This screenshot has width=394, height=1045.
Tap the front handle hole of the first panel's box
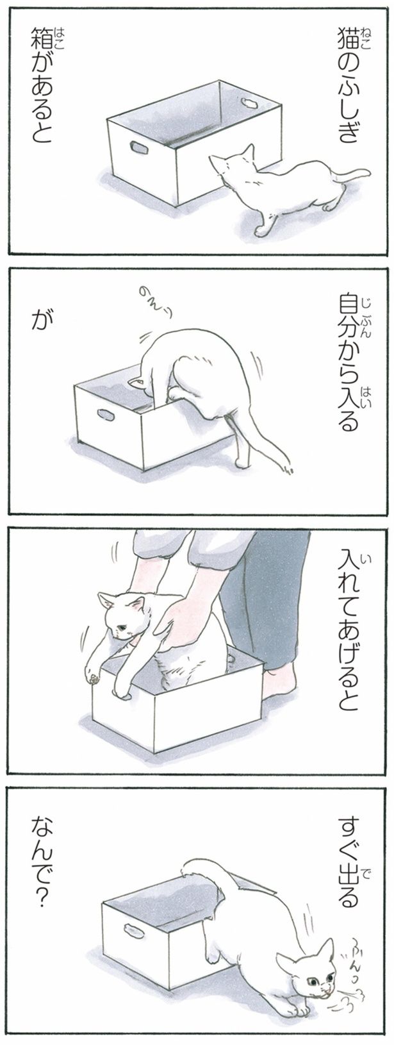point(139,147)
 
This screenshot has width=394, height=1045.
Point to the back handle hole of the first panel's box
point(249,103)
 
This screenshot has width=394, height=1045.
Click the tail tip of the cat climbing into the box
point(288,469)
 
